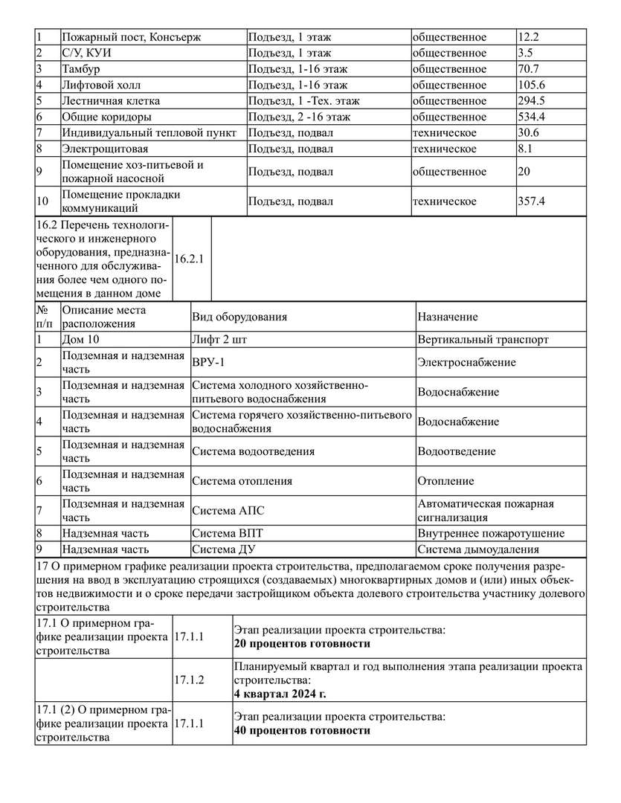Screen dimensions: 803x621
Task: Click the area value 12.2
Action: (x=529, y=37)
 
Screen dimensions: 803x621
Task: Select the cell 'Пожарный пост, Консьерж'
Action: (x=132, y=37)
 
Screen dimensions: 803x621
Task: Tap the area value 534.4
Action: (x=532, y=117)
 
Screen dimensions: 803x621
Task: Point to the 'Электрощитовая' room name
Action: (x=100, y=149)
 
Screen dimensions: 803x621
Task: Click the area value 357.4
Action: (x=532, y=201)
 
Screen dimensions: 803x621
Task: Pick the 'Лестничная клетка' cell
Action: (x=111, y=100)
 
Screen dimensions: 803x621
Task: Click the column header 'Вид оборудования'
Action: (x=239, y=317)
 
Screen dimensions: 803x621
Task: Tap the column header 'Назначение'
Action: (x=448, y=317)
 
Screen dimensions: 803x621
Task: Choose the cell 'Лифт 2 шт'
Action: (x=219, y=340)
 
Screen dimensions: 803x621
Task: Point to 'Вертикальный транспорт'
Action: (x=483, y=340)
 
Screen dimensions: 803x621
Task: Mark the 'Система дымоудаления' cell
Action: (x=478, y=550)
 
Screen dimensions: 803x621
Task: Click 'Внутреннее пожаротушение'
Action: (x=490, y=533)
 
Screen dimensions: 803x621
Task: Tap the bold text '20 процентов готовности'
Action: (x=302, y=644)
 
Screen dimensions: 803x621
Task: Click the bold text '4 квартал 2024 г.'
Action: (x=280, y=694)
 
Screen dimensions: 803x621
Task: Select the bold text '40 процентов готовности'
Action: (x=302, y=731)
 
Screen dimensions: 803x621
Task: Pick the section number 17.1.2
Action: (x=189, y=680)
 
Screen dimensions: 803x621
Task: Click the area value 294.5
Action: (x=532, y=100)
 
